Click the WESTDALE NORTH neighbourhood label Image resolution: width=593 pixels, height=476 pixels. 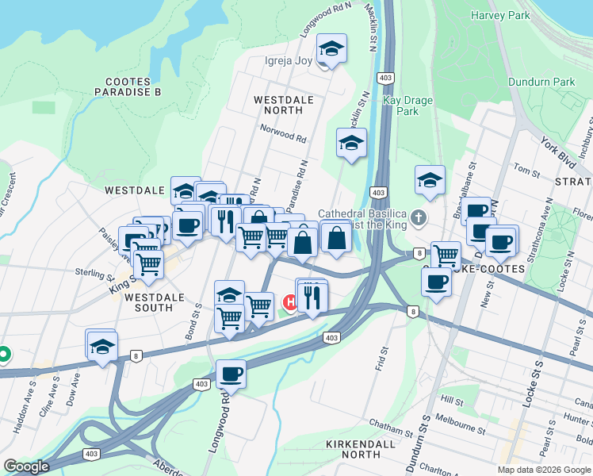coord(283,106)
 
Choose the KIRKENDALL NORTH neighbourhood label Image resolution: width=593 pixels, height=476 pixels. coord(361,449)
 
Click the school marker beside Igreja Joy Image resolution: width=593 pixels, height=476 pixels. coord(331,48)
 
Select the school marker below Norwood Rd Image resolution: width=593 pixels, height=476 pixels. coord(351,143)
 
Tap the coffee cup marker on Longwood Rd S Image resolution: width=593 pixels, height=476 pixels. coord(231,373)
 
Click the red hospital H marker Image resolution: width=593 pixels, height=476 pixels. coord(290,302)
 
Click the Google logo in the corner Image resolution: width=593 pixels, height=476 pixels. coord(26,466)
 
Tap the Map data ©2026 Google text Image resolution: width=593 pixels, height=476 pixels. coord(544,470)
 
